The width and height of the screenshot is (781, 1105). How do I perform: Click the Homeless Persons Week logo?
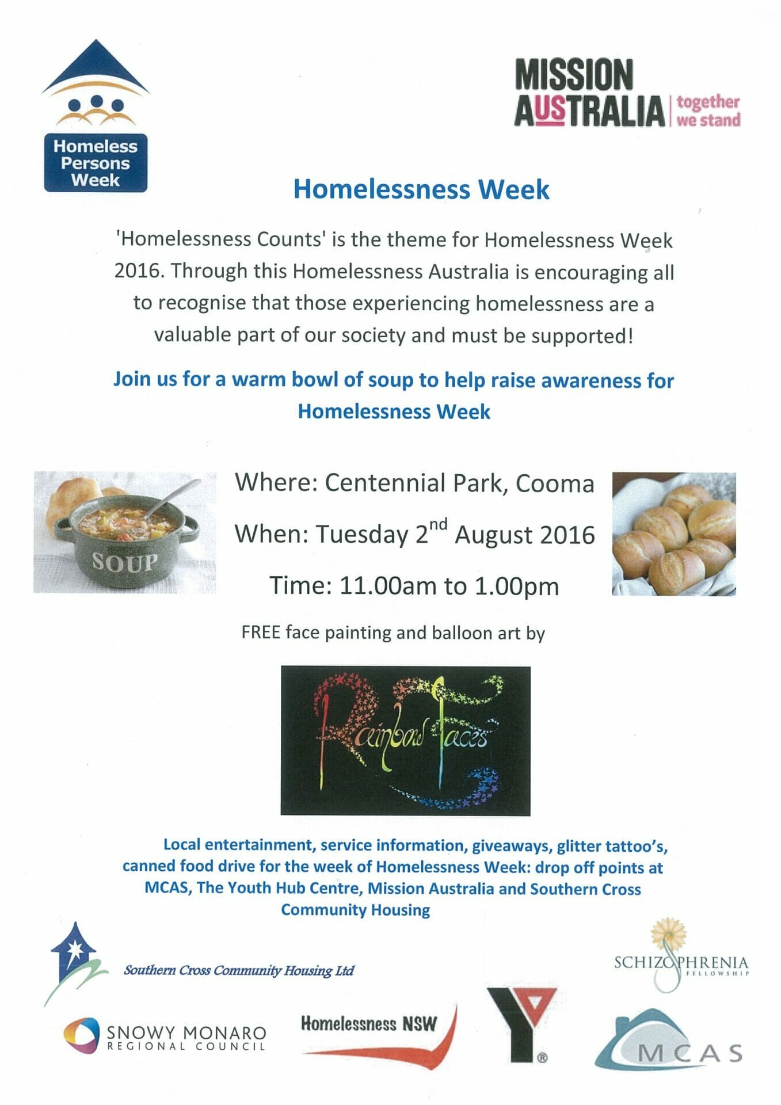(96, 116)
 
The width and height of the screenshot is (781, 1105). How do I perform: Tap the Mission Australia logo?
(627, 93)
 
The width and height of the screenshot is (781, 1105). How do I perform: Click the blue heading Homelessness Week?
(421, 189)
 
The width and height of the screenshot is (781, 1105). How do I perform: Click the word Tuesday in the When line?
(362, 535)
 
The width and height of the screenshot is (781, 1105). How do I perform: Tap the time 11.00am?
(388, 586)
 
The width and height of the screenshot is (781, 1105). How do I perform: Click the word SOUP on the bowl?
(125, 562)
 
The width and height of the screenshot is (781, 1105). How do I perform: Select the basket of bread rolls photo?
(674, 534)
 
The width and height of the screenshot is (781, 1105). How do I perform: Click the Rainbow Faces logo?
(405, 741)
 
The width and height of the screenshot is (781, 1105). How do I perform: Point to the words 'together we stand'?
(708, 110)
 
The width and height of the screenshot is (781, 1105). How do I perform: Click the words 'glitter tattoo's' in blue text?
(612, 846)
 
